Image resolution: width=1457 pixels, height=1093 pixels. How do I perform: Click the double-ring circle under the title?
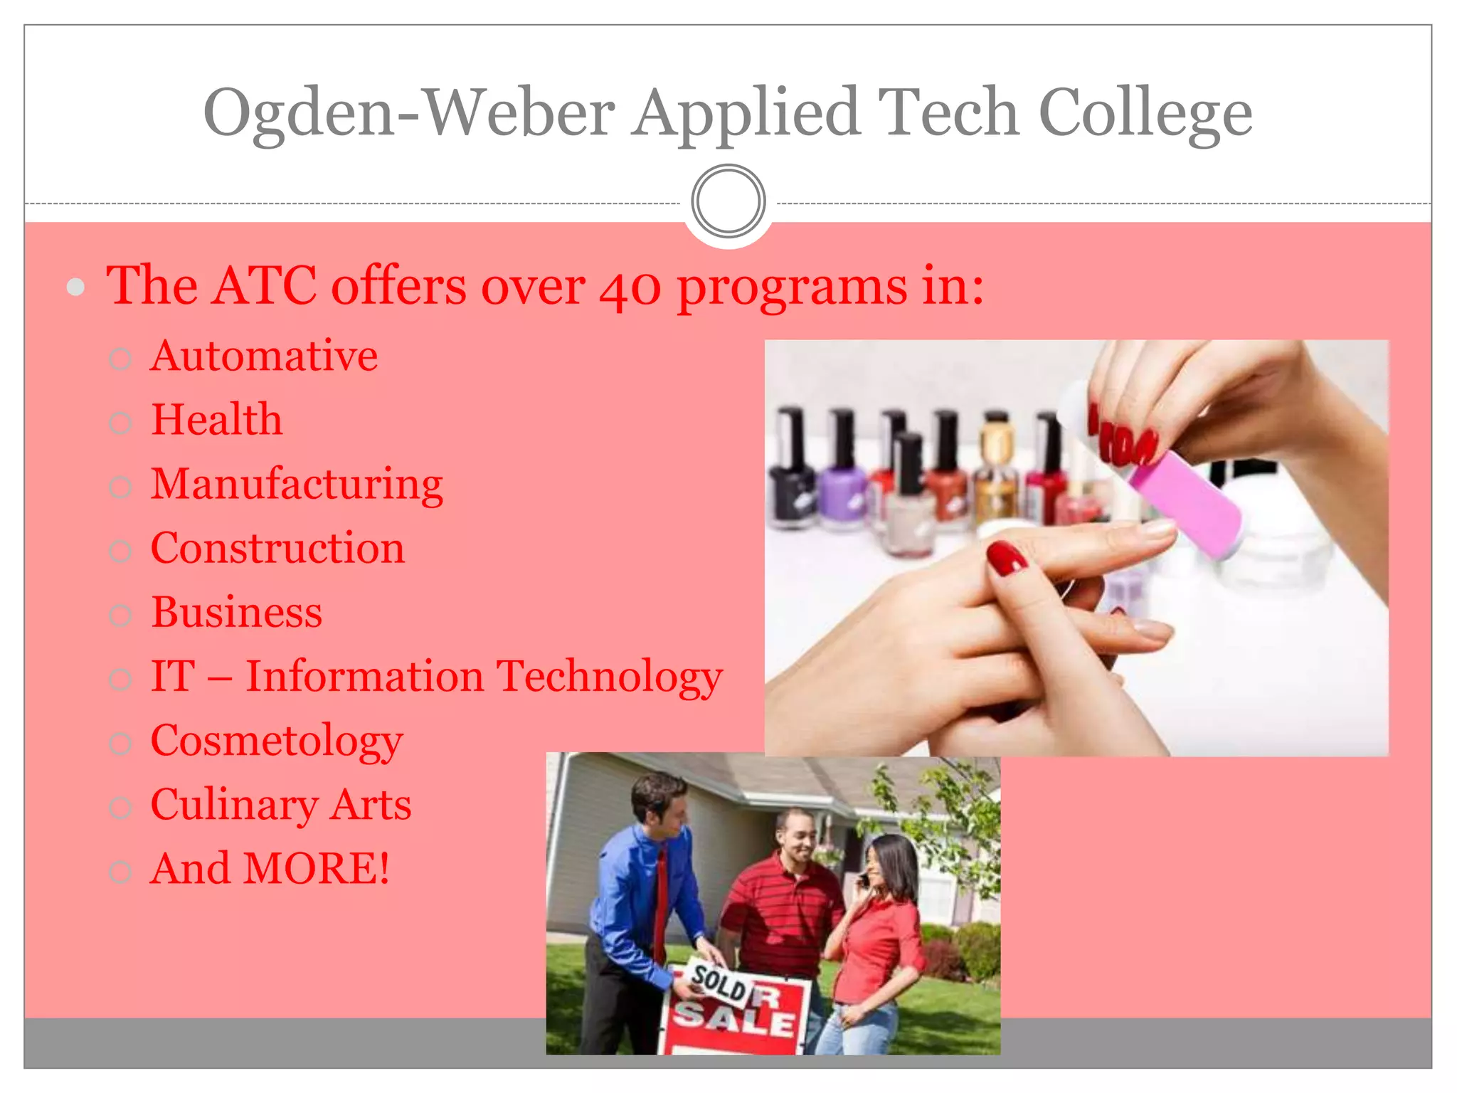click(x=728, y=201)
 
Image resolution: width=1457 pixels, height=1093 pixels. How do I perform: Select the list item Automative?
click(x=264, y=356)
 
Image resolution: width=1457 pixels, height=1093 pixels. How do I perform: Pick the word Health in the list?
click(x=217, y=420)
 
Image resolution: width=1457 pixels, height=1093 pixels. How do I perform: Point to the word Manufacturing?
click(x=297, y=485)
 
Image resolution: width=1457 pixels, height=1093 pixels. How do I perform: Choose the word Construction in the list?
click(x=277, y=549)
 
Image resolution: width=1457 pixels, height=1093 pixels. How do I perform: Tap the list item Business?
click(x=237, y=613)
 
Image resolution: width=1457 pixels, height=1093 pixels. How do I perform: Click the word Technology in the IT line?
click(x=609, y=677)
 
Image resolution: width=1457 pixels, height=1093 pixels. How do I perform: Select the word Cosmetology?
click(x=277, y=741)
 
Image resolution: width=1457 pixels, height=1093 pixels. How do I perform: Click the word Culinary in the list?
click(x=234, y=806)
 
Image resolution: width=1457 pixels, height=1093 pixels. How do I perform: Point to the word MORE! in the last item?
click(x=316, y=870)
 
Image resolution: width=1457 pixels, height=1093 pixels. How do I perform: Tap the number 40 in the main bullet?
click(x=630, y=287)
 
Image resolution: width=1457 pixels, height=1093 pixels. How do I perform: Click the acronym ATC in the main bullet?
click(x=264, y=286)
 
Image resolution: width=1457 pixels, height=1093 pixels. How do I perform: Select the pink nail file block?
click(x=1185, y=502)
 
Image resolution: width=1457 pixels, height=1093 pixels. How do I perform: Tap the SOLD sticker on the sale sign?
click(x=719, y=985)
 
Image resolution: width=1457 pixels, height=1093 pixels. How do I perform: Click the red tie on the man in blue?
click(x=661, y=904)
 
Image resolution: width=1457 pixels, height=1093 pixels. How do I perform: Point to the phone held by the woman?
click(x=863, y=880)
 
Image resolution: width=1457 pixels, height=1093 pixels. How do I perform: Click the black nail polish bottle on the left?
click(x=793, y=477)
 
